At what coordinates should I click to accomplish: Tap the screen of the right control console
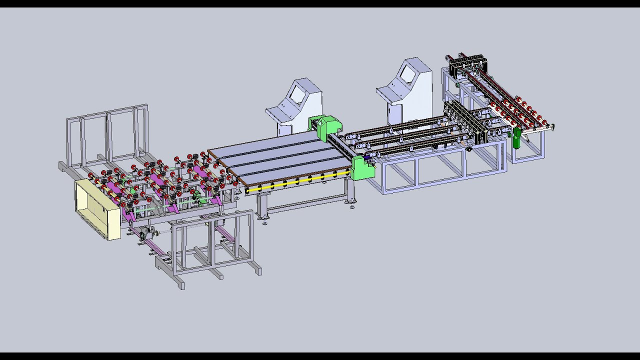tap(408, 75)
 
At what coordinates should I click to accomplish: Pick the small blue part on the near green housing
tap(367, 158)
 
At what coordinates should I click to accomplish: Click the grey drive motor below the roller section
tap(146, 234)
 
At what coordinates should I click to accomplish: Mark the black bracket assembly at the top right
tap(467, 65)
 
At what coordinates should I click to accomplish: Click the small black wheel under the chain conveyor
tap(469, 148)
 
